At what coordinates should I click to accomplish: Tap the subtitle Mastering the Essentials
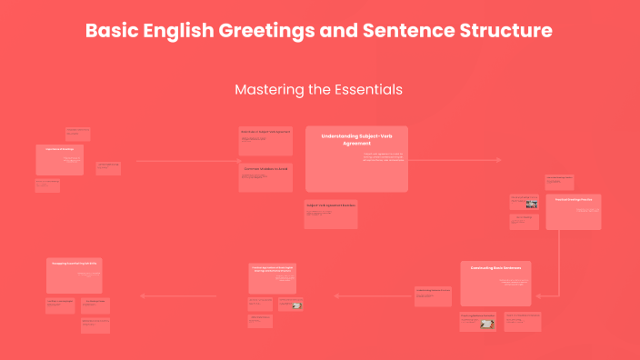(x=318, y=90)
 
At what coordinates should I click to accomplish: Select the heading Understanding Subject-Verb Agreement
(x=356, y=139)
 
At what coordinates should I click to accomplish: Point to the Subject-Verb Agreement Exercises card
(x=331, y=214)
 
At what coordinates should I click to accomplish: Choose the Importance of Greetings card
(x=59, y=159)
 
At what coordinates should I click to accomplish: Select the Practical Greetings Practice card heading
(x=573, y=200)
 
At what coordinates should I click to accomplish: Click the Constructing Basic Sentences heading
(x=495, y=268)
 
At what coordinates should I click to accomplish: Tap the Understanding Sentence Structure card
(x=433, y=295)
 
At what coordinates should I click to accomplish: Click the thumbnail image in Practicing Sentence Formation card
(x=487, y=323)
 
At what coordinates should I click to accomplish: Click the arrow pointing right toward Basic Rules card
(x=186, y=162)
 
